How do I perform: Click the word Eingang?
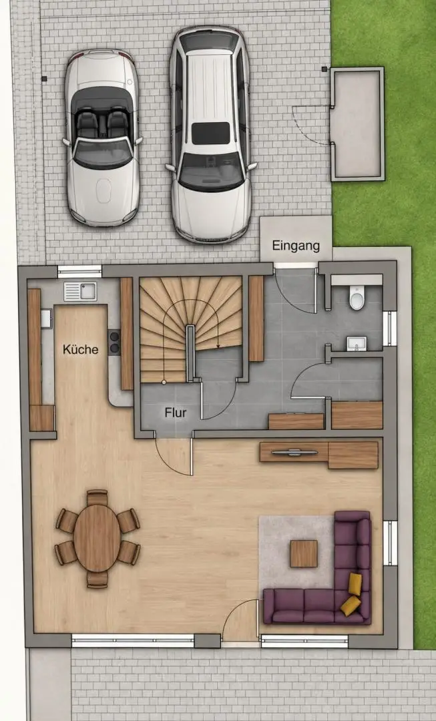coord(296,246)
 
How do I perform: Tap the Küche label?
coord(81,349)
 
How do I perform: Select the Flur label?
coord(175,413)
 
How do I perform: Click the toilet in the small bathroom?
coord(357,298)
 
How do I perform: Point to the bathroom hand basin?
coord(357,343)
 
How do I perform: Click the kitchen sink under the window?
coord(80,292)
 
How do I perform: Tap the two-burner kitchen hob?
coord(115,342)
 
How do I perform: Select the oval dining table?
coord(97,538)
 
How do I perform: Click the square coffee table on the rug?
coord(304,553)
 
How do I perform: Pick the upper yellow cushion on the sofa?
coord(355,583)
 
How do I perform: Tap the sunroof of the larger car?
coord(210,134)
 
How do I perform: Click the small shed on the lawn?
coord(357,124)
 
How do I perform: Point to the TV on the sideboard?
coord(294,453)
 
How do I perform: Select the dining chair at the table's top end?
coord(97,498)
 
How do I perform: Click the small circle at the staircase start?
coord(164,382)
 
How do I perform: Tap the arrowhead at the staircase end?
coord(218,346)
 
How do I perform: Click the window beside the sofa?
coord(390,543)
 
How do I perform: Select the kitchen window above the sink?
coord(80,271)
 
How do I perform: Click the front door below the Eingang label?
coord(295,265)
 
